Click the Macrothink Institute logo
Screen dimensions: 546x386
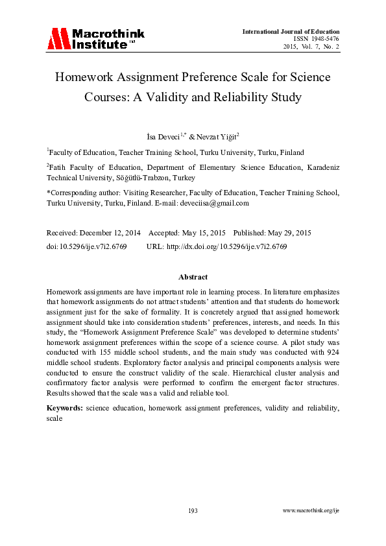coord(96,39)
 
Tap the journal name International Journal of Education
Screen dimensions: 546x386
coord(291,31)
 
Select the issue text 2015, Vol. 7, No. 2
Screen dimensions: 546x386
coord(311,47)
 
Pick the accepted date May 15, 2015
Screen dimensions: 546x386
coord(202,232)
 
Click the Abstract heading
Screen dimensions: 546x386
coord(193,277)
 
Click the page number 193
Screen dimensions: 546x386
coord(193,511)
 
